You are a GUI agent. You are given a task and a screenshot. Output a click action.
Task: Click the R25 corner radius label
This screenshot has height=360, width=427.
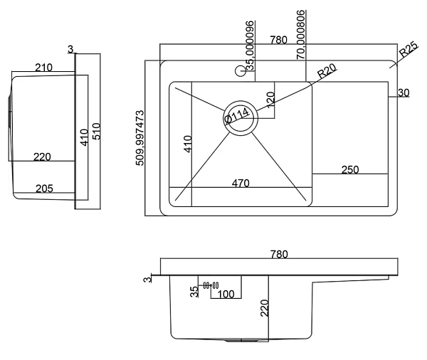408,52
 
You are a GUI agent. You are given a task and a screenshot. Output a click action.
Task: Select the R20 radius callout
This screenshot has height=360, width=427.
327,72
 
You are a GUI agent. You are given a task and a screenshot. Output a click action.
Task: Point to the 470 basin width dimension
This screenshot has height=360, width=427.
241,183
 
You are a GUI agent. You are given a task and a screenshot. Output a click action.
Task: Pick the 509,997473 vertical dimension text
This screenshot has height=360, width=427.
140,138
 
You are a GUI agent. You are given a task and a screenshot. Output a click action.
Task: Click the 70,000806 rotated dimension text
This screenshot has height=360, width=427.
301,33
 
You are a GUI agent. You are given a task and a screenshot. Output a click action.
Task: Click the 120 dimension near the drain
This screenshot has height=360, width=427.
270,100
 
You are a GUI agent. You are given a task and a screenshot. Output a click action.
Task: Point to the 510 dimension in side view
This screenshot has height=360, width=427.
95,131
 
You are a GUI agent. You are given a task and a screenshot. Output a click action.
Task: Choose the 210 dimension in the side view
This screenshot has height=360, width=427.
44,68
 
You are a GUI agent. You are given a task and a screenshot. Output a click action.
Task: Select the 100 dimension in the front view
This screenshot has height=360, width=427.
226,293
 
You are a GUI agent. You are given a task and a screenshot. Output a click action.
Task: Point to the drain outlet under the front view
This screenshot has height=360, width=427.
242,342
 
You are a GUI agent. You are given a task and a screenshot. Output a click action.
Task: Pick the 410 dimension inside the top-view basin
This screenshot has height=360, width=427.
189,144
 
